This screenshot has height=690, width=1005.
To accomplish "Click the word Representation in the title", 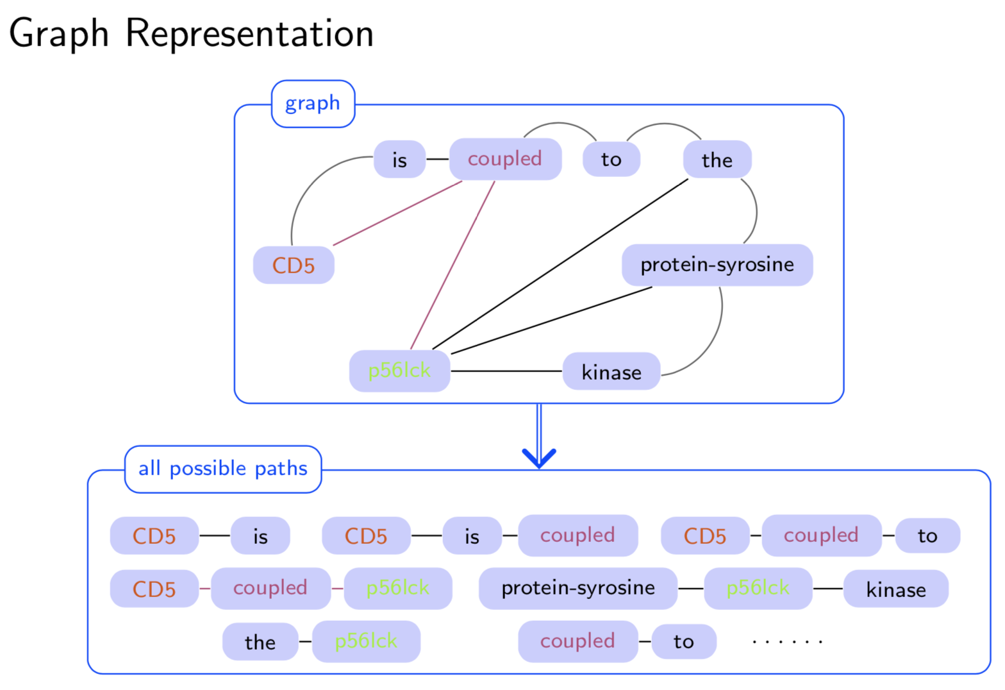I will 249,33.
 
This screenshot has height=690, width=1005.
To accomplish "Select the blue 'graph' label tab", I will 313,103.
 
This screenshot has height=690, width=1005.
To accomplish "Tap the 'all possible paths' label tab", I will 223,469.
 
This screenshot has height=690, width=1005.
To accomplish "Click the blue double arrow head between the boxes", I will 539,457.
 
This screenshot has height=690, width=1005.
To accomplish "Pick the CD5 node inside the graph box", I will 294,265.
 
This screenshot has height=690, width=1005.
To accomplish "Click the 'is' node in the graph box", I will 399,160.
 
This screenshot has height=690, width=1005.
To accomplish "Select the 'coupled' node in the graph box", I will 505,159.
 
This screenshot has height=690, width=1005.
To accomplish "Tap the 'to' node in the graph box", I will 611,160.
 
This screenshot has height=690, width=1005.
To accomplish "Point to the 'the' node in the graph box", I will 717,160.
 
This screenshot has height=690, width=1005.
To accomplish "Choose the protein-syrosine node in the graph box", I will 717,265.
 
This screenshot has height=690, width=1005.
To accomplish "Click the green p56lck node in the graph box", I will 399,371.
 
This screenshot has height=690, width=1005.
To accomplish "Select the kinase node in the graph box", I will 611,372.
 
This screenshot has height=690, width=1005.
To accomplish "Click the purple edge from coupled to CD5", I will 397,213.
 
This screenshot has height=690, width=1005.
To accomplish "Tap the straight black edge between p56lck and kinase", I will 506,371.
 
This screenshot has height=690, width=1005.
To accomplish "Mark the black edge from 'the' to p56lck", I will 561,264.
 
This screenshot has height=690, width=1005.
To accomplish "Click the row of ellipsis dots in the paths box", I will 787,641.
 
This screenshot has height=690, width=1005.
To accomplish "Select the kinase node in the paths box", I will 895,589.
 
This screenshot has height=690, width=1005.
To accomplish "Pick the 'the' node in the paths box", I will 260,642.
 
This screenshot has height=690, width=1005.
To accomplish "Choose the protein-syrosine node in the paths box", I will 577,588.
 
